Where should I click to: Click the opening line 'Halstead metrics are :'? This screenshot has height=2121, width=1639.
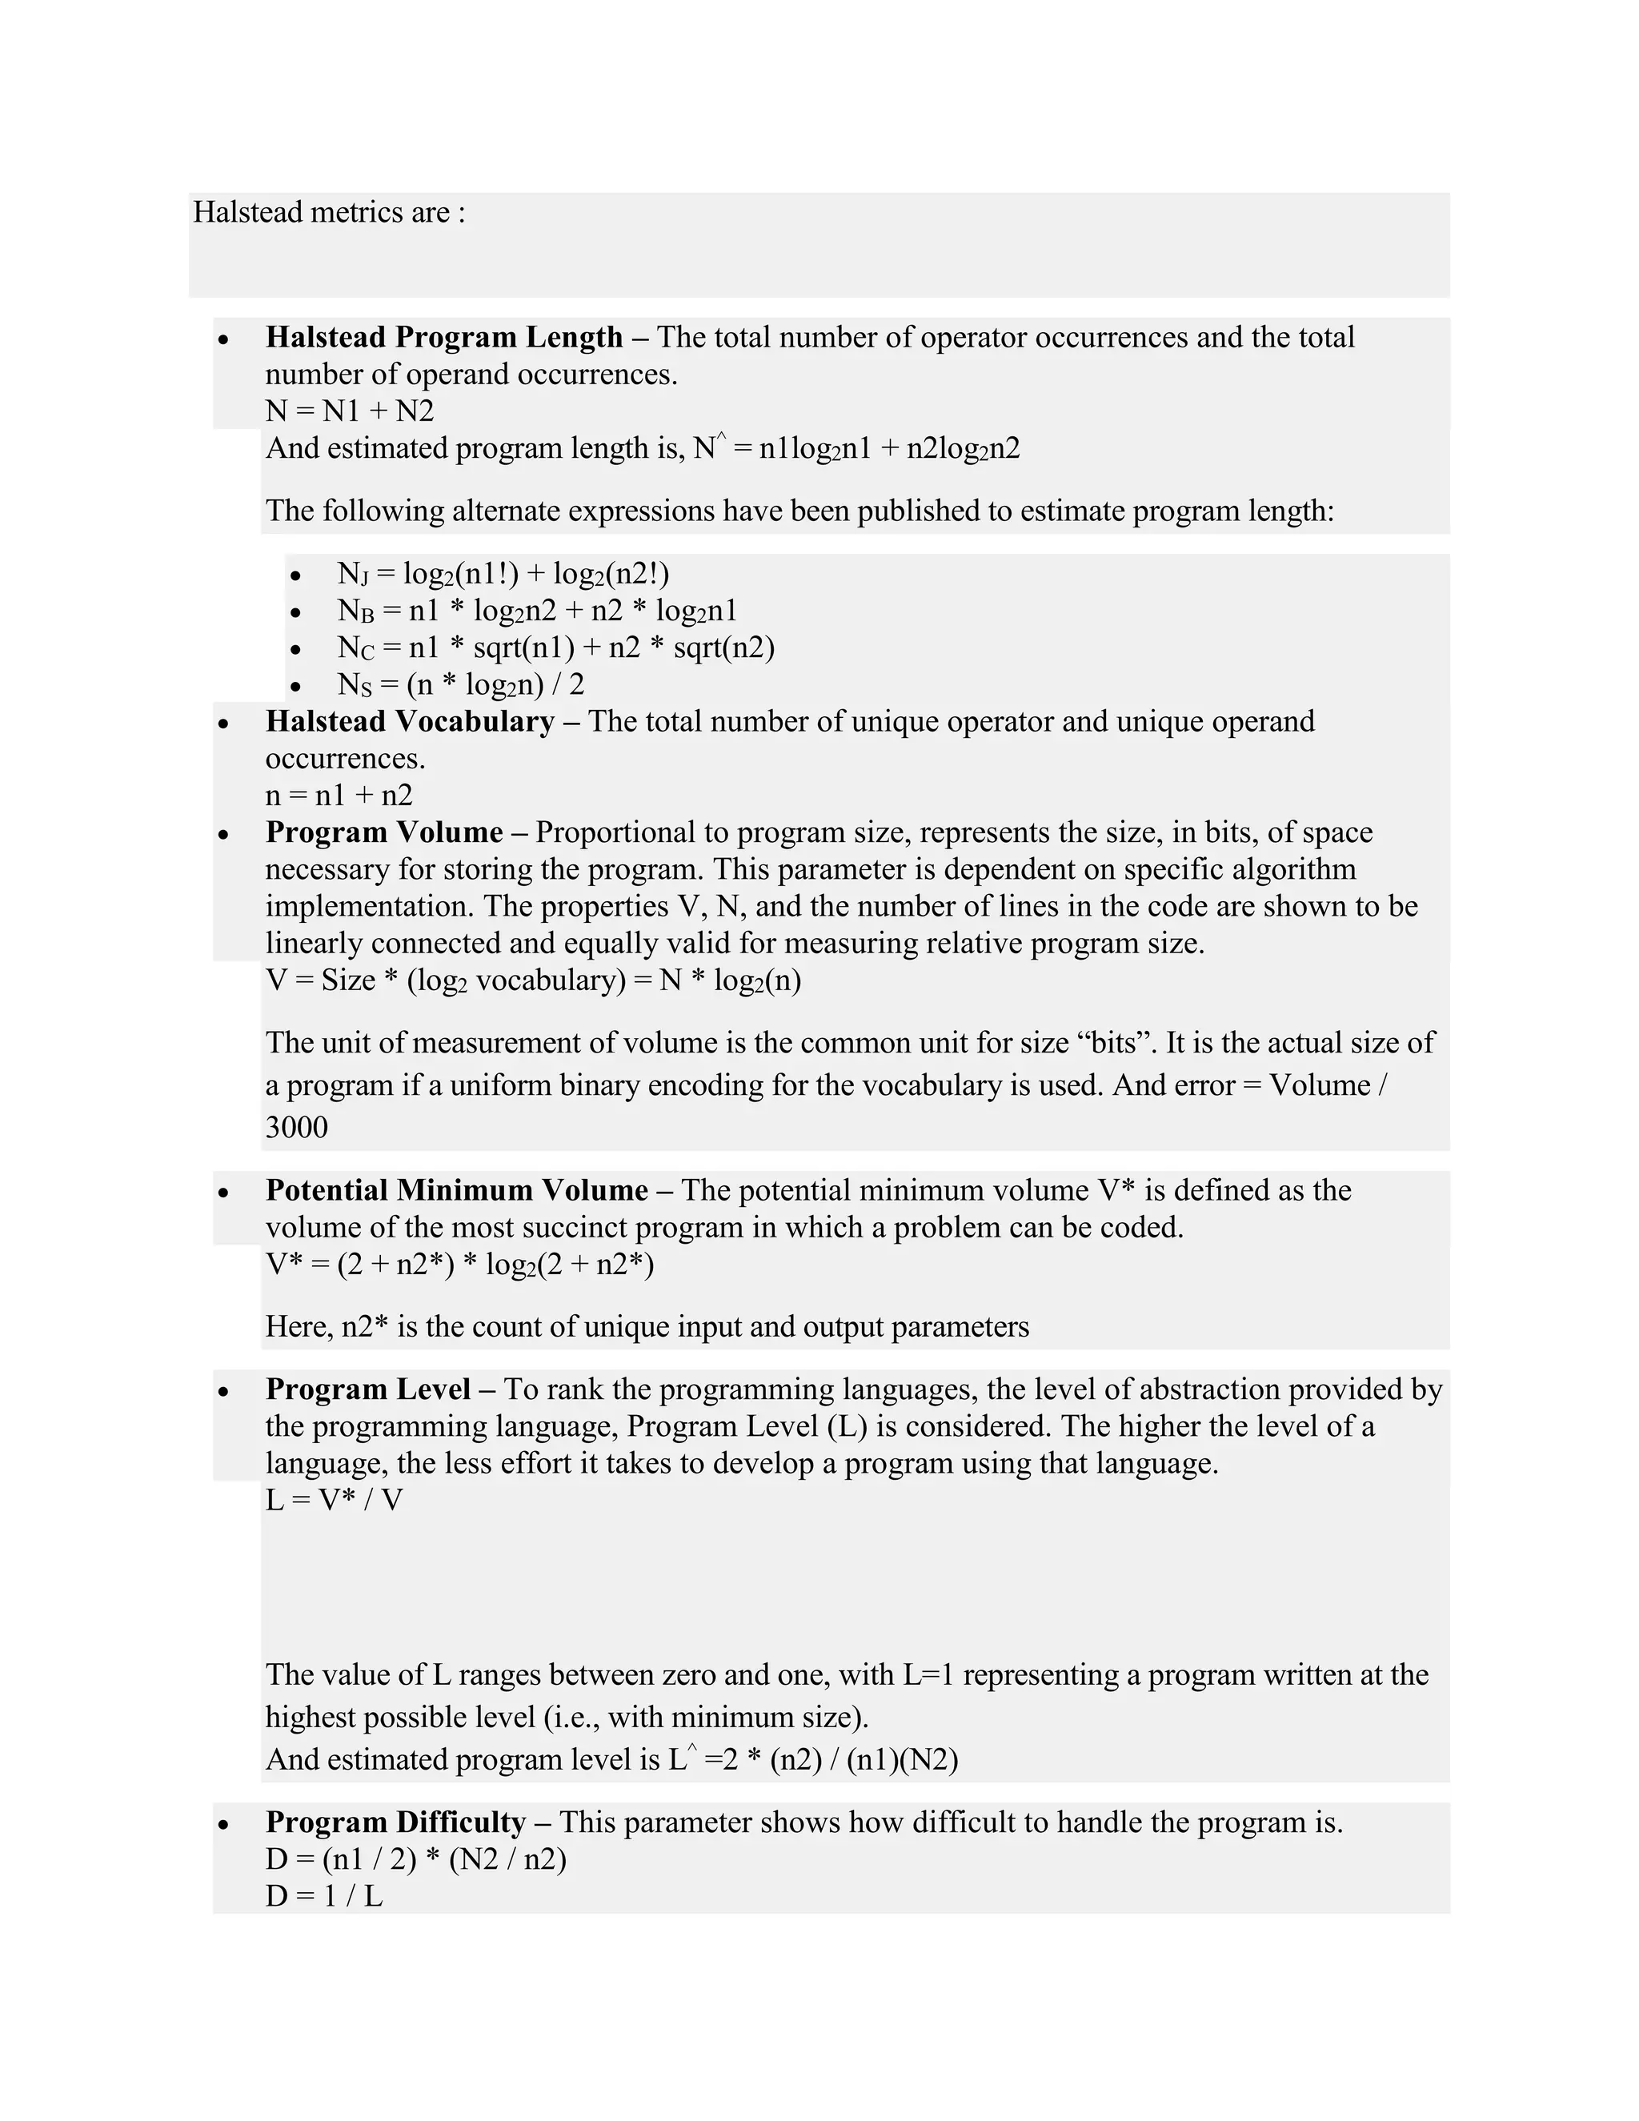tap(329, 212)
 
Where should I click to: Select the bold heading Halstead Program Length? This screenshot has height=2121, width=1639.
tap(443, 337)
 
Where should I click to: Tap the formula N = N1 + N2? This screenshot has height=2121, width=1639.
tap(350, 411)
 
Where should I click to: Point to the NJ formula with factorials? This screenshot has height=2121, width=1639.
tap(503, 574)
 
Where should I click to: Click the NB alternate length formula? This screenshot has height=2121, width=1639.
tap(537, 611)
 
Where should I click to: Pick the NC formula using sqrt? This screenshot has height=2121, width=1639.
tap(555, 648)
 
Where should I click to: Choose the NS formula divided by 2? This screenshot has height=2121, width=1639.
tap(460, 684)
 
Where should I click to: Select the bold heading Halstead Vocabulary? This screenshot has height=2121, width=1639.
tap(409, 722)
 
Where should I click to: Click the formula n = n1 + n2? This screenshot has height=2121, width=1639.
tap(339, 796)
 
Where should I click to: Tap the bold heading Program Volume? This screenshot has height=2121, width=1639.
tap(383, 832)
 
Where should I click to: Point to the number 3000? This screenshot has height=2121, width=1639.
tap(296, 1128)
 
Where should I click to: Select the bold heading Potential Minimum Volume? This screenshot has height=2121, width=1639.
tap(456, 1191)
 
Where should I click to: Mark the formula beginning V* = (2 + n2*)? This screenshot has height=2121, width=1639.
tap(459, 1265)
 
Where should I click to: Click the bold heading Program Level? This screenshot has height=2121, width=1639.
tap(368, 1389)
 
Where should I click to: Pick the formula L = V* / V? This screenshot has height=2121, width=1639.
tap(333, 1501)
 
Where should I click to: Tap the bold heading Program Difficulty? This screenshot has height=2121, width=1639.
tap(395, 1822)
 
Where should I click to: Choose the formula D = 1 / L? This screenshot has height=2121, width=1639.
tap(323, 1897)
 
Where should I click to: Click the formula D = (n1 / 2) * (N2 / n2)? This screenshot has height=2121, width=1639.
tap(415, 1860)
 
